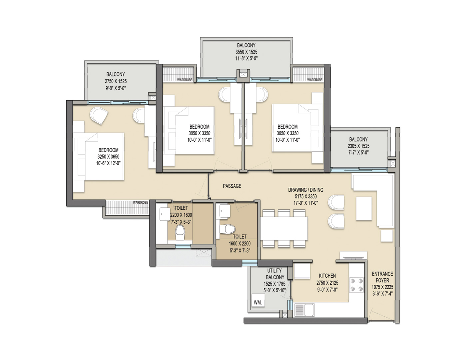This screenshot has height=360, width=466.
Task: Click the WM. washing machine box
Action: pos(258,303)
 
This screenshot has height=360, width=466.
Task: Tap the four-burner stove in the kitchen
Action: pos(356,285)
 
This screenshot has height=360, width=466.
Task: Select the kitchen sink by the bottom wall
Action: pos(304,310)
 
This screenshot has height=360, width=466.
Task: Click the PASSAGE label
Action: pos(232,186)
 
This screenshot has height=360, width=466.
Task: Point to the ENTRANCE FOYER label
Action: pos(382,277)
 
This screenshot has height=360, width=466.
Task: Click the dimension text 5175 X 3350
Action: pos(305,196)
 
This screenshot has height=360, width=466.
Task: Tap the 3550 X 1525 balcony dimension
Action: pos(246,52)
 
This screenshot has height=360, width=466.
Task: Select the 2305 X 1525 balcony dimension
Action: pos(358,146)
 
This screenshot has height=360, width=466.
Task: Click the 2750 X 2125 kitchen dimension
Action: pos(327,283)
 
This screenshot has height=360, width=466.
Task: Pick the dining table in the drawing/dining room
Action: pos(284,228)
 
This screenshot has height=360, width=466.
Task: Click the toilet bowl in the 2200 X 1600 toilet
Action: pos(180,233)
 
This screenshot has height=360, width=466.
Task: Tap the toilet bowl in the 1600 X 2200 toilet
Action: pos(227,229)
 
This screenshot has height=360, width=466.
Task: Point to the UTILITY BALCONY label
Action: pos(275,274)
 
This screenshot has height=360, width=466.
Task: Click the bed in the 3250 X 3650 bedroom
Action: pos(99,156)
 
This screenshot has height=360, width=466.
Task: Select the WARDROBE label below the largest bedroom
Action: pos(140,203)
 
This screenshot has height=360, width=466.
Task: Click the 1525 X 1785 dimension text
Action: pos(274,284)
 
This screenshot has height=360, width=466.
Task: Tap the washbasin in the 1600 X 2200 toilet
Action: pos(225,211)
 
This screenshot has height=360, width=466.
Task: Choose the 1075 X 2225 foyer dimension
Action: pos(382,287)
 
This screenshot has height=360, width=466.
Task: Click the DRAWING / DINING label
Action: pos(305,190)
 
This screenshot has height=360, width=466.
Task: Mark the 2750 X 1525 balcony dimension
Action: pos(116,81)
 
